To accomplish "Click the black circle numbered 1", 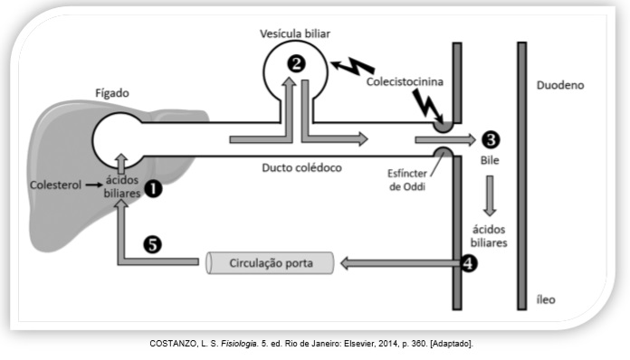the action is click(153, 189).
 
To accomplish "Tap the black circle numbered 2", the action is click(296, 64).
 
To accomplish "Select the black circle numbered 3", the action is click(491, 139).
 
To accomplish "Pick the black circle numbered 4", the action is click(469, 263).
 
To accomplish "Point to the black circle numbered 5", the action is click(152, 244).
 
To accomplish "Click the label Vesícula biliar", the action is click(295, 33).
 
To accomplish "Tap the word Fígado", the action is click(112, 93).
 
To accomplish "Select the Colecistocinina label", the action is click(405, 82).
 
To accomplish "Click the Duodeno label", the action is click(560, 85).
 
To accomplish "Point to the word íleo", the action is click(546, 299).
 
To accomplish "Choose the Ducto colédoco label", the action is click(301, 167).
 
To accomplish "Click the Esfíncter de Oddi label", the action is click(407, 180).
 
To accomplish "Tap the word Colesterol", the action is click(55, 185).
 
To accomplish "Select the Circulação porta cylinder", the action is click(270, 263).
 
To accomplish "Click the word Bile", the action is click(490, 160).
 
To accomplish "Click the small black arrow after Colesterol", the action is click(94, 185).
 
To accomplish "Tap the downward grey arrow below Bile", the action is click(490, 196).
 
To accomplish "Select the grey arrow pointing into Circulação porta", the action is click(400, 263).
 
